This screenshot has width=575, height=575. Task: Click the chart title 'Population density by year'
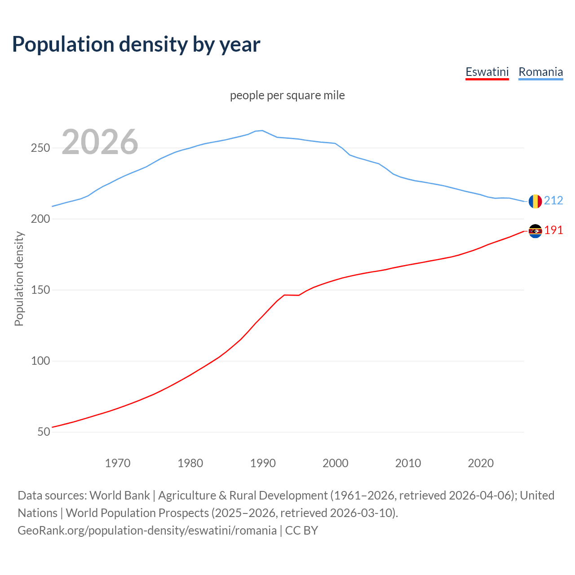tap(136, 44)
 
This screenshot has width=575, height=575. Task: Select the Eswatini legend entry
tap(487, 72)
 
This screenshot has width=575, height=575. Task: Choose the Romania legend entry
tap(540, 72)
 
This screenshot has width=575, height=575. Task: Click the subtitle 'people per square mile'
tap(287, 95)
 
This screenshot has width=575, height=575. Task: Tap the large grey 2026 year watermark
tap(100, 142)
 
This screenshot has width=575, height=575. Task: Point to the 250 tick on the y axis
tap(40, 148)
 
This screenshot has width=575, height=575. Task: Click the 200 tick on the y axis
tap(40, 219)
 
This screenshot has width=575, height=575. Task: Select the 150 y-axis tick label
tap(40, 290)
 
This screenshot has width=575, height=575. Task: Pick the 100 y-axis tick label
tap(40, 361)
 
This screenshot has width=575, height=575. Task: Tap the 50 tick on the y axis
tap(44, 432)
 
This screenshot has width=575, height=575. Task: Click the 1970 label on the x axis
tap(118, 463)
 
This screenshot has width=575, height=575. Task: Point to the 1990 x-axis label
tap(263, 463)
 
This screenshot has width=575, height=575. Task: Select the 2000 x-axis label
tap(336, 463)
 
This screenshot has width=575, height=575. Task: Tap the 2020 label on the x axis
tap(481, 463)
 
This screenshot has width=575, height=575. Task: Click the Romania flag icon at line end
tap(535, 201)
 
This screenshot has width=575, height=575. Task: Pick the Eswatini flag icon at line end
tap(535, 231)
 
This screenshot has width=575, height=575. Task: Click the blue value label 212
tap(553, 200)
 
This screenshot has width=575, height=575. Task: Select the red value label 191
tap(553, 230)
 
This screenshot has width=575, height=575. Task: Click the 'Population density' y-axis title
tap(19, 279)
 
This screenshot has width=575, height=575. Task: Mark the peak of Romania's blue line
tap(262, 130)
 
